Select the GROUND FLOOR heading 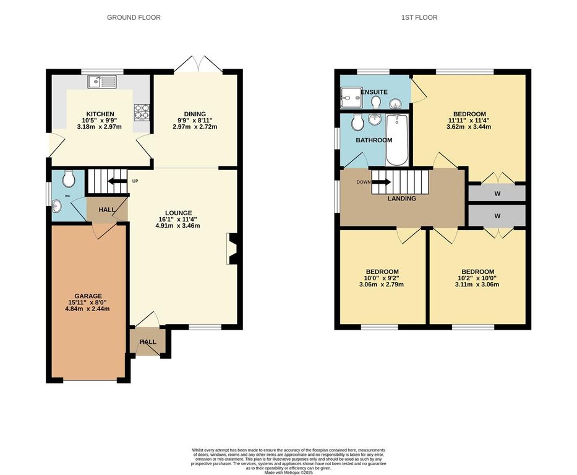pyautogui.click(x=134, y=17)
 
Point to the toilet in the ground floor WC pyautogui.click(x=69, y=179)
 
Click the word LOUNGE pyautogui.click(x=178, y=213)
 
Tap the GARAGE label pyautogui.click(x=88, y=296)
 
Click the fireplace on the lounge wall pyautogui.click(x=233, y=249)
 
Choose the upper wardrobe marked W pyautogui.click(x=497, y=194)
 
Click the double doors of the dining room pyautogui.click(x=195, y=64)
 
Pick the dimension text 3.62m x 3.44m pyautogui.click(x=469, y=127)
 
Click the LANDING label pyautogui.click(x=401, y=199)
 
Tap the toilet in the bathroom pyautogui.click(x=357, y=122)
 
